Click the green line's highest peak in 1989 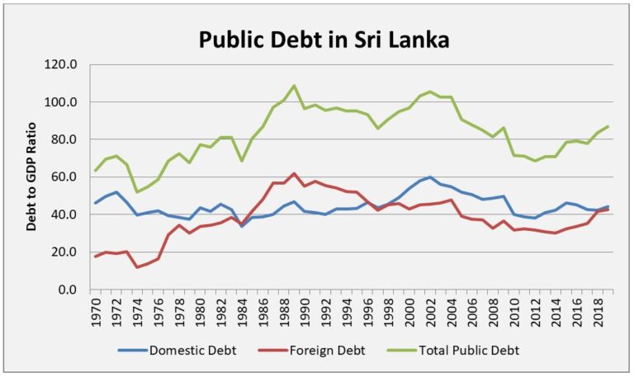click(x=294, y=86)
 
